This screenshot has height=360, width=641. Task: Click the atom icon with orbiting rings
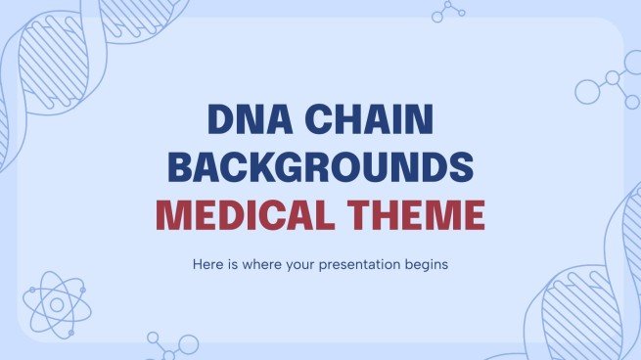(x=55, y=303)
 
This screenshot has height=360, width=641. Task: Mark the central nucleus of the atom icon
(x=55, y=303)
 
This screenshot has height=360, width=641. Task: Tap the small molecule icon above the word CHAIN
(x=449, y=11)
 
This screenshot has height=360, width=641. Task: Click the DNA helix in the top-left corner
(x=49, y=59)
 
